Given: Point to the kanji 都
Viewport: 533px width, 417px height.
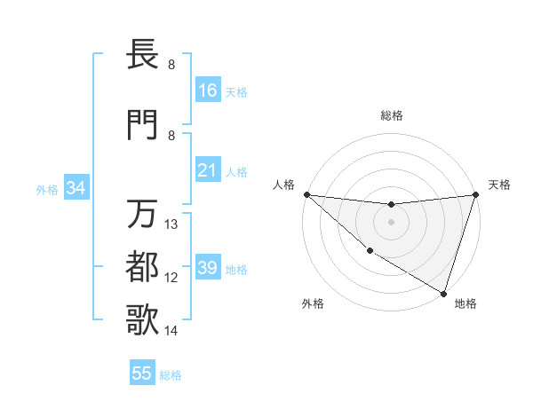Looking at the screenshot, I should [145, 265].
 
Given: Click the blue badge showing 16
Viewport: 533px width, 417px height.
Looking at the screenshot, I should [208, 90].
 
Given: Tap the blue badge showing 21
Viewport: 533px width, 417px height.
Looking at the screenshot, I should [208, 170].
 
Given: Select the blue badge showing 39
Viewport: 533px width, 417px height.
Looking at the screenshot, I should [208, 268].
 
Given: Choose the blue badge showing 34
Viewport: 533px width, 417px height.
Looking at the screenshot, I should [76, 188].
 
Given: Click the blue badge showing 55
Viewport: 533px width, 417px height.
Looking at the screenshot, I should [142, 374].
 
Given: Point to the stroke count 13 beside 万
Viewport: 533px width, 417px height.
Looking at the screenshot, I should [172, 224].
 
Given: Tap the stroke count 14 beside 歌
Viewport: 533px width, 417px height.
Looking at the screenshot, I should [172, 331].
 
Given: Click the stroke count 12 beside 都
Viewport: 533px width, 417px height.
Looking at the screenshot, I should [172, 278].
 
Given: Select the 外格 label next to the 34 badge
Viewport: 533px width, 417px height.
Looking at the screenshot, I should [47, 189].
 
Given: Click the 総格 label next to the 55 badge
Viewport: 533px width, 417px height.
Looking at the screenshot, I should [171, 375].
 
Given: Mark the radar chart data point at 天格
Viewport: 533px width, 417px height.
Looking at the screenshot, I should [476, 194].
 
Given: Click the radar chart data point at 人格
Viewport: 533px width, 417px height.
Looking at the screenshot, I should [306, 194].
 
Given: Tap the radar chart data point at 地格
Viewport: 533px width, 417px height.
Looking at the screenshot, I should [443, 293].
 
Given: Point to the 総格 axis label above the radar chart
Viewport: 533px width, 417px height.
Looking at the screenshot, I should [392, 115].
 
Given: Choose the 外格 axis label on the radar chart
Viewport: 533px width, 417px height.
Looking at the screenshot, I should [313, 303].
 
